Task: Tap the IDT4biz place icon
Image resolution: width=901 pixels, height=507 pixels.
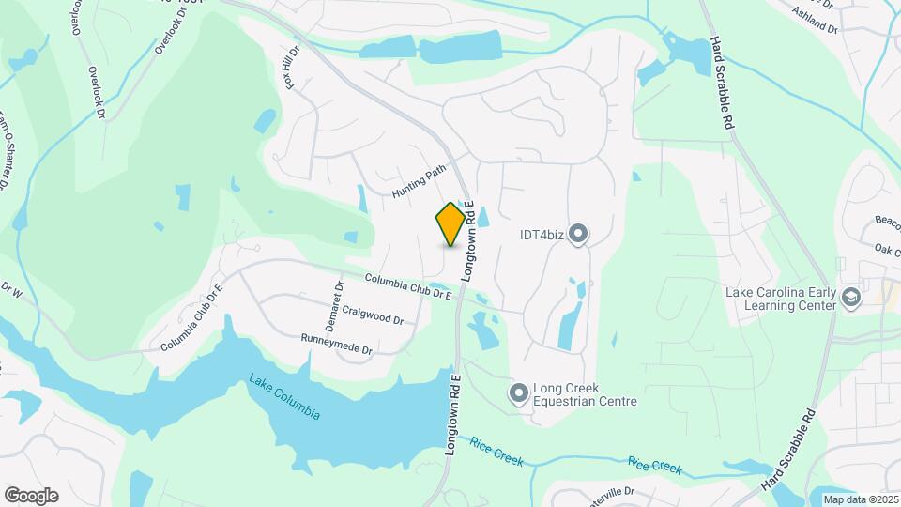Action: [577, 234]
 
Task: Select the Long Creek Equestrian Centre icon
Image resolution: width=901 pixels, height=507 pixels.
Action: [518, 393]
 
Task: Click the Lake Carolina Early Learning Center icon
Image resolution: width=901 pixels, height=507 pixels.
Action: [850, 298]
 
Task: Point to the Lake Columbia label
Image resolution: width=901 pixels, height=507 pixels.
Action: [284, 396]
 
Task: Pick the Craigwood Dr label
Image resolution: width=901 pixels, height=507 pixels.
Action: [373, 315]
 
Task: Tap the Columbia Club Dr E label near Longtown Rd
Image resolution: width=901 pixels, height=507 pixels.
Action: [408, 286]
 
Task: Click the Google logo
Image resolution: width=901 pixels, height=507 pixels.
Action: [31, 495]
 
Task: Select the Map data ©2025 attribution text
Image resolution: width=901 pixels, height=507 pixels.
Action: [859, 499]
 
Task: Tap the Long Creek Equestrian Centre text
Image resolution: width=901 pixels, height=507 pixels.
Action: [585, 394]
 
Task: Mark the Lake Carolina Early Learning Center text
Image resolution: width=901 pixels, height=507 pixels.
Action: [780, 298]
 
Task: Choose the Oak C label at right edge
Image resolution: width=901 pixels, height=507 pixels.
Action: [886, 249]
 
